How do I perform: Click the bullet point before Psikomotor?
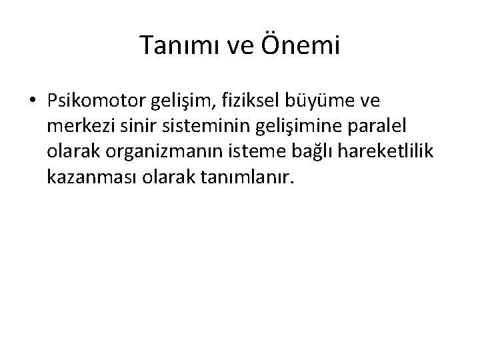[x=33, y=100]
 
